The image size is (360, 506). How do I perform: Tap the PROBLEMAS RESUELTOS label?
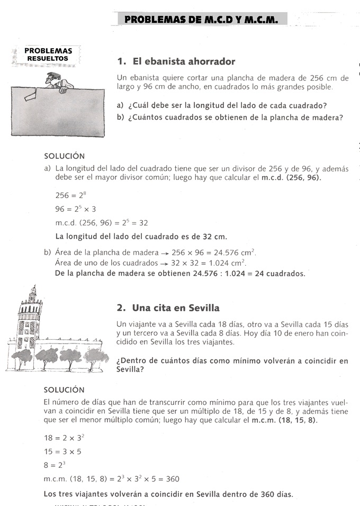coord(48,55)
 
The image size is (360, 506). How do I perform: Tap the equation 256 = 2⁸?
coord(70,195)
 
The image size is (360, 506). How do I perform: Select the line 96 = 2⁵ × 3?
coord(75,209)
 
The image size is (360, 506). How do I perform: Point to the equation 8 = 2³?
coord(62,465)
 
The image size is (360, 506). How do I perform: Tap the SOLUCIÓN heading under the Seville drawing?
coord(64,390)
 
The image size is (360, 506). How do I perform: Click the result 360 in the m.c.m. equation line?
coord(172,479)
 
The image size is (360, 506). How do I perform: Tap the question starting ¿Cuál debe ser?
coord(228,105)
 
